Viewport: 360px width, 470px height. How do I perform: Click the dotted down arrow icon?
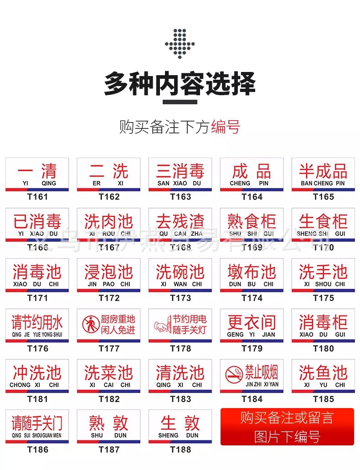180,44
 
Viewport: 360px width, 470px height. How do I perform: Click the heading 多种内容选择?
180,84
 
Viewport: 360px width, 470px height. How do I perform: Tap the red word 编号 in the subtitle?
225,127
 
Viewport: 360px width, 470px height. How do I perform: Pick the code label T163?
180,197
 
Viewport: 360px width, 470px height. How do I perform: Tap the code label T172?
109,298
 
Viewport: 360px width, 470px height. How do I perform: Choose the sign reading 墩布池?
252,275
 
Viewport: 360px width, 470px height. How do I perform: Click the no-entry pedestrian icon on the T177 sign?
91,324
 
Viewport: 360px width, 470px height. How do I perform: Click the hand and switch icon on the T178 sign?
161,325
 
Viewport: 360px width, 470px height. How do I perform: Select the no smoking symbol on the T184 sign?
234,375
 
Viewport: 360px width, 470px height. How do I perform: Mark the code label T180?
324,348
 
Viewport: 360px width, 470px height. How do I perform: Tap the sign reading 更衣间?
252,326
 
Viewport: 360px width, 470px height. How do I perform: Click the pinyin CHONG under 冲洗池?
20,385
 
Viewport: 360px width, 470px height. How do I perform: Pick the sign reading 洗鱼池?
323,376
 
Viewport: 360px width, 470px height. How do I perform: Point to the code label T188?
180,450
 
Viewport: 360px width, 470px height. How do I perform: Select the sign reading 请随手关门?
37,426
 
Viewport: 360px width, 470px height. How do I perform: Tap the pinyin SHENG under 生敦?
168,435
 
